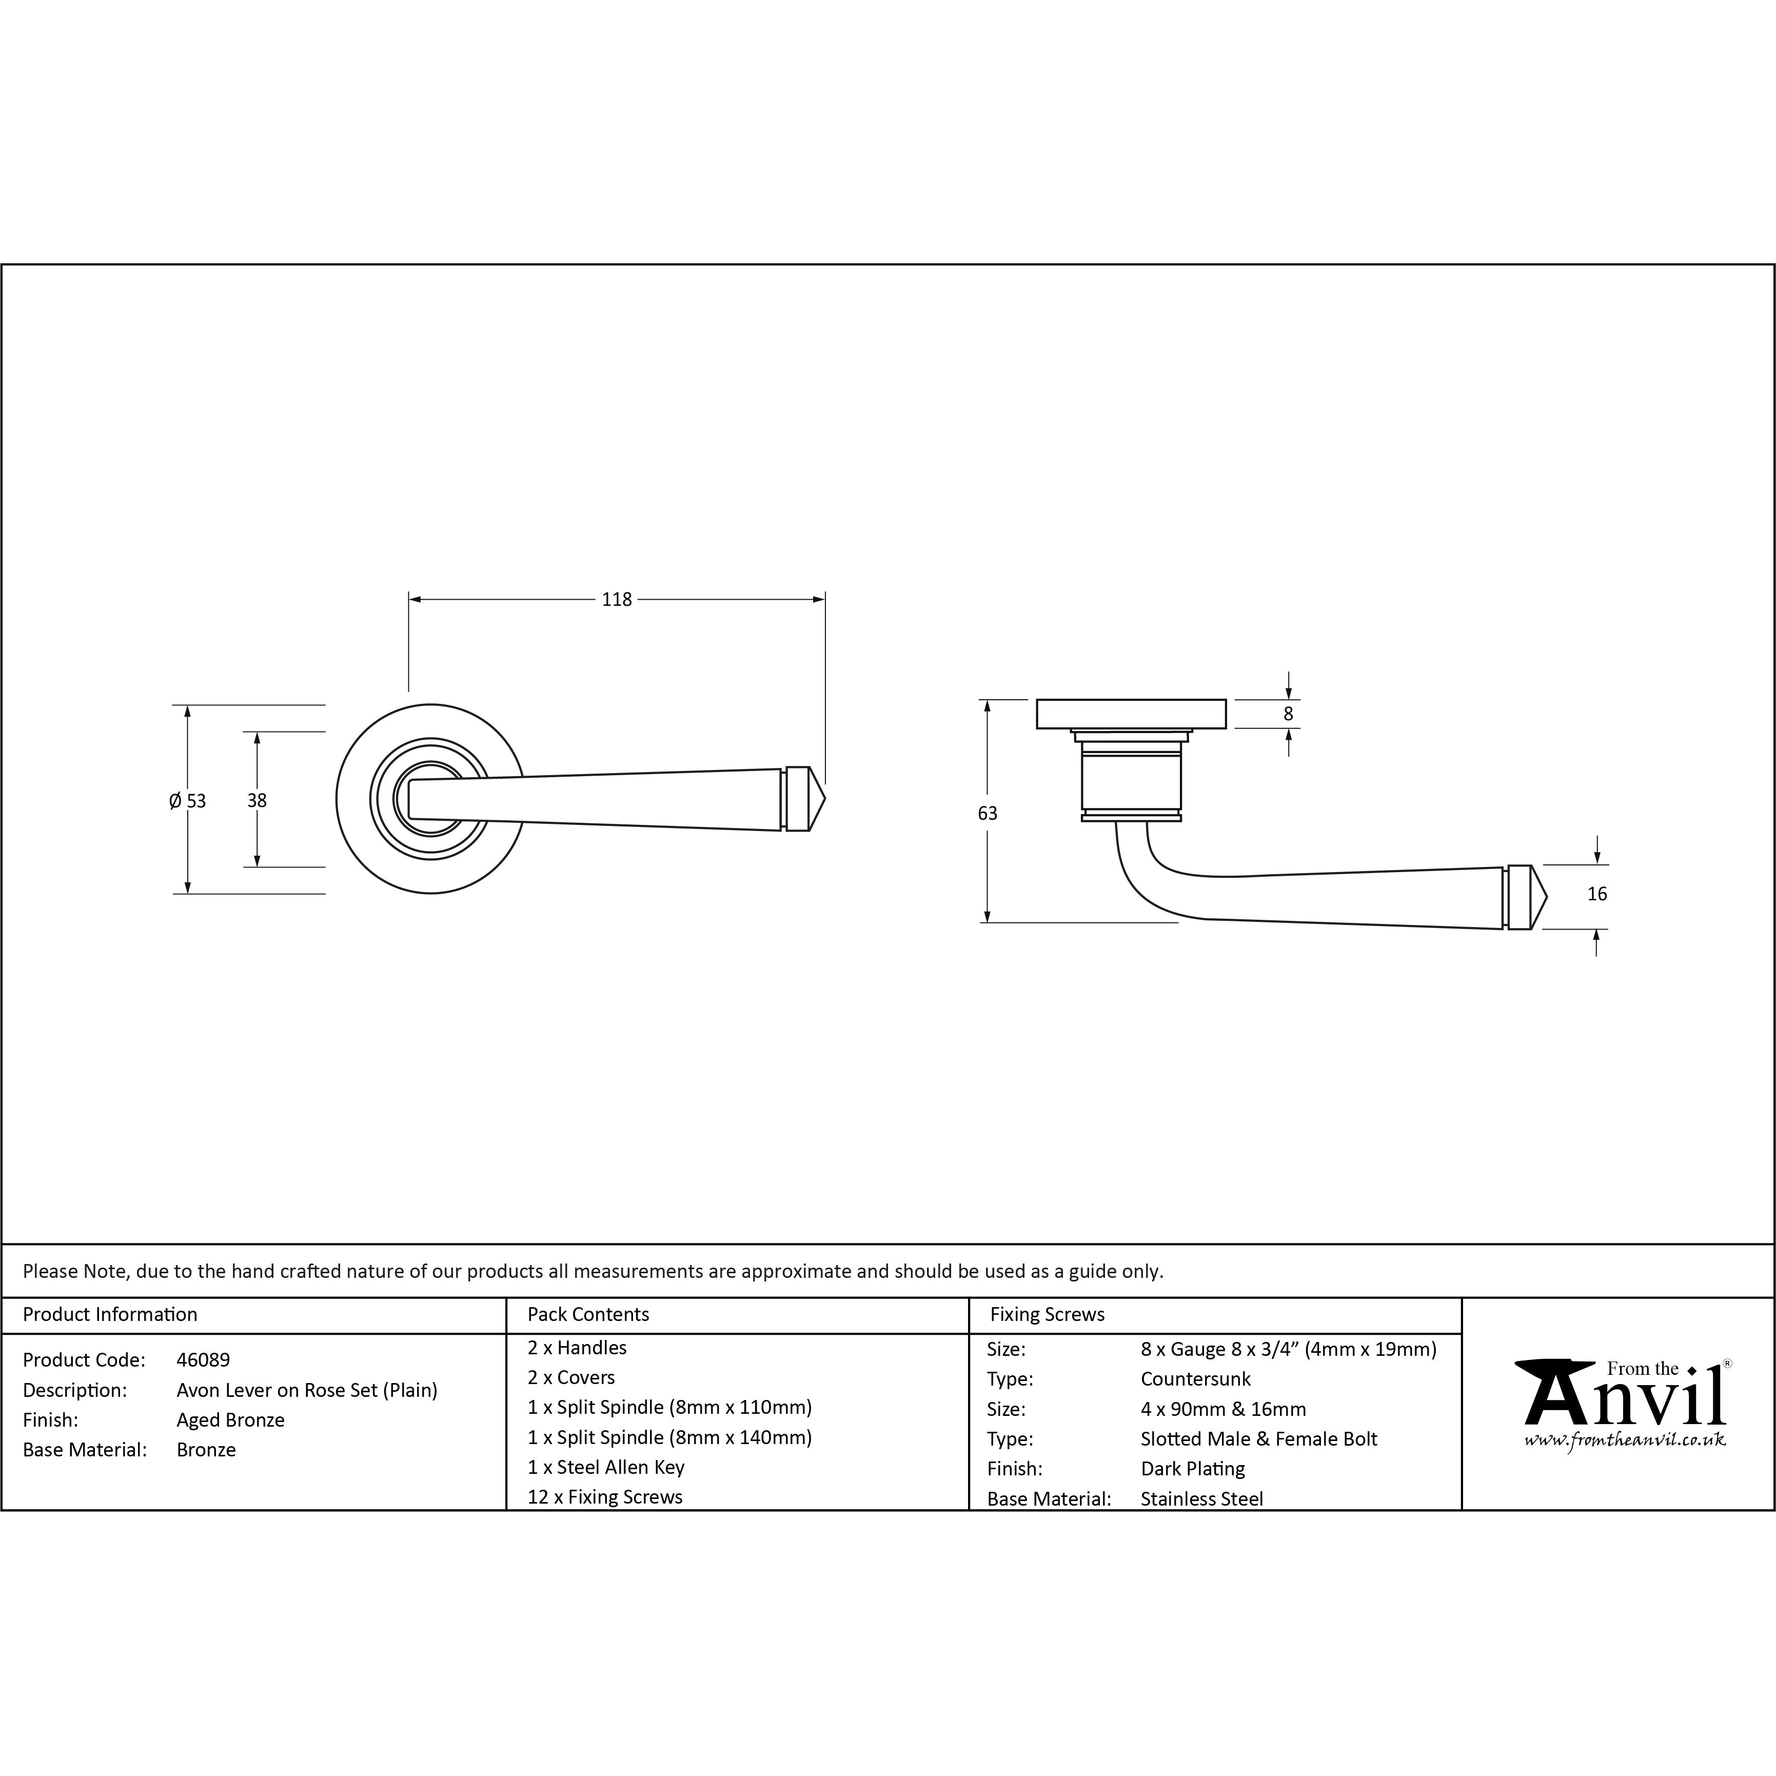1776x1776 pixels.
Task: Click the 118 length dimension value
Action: (x=617, y=599)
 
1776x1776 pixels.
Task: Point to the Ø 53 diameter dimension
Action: (x=188, y=801)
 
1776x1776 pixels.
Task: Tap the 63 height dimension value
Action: (x=988, y=813)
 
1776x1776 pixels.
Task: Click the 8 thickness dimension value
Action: (x=1288, y=714)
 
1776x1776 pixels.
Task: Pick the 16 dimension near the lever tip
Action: (x=1597, y=894)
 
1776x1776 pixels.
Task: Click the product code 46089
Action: (x=203, y=1359)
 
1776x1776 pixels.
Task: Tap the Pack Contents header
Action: (x=588, y=1314)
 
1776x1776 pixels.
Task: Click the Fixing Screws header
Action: (x=1047, y=1314)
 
